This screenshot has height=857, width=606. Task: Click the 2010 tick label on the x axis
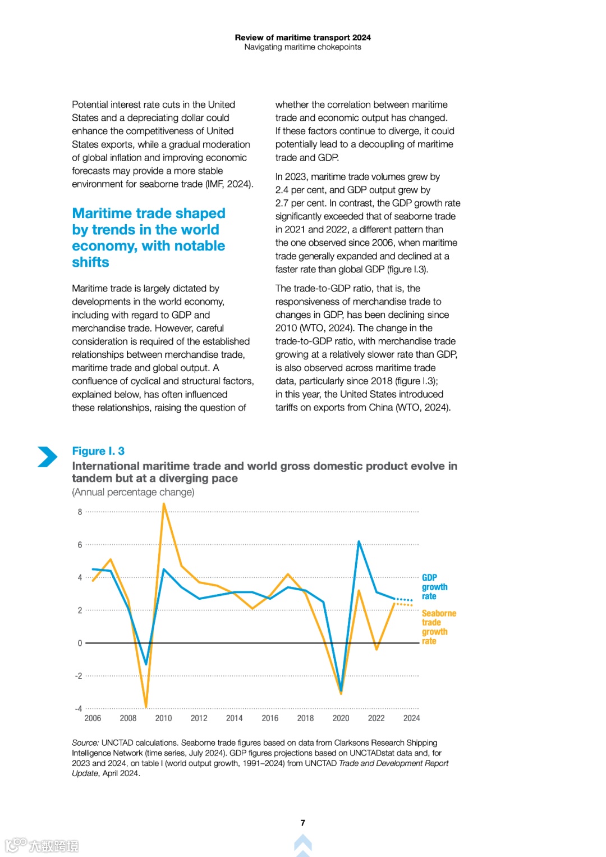(163, 718)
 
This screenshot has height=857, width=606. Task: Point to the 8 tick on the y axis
(80, 512)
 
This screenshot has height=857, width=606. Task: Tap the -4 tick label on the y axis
(79, 709)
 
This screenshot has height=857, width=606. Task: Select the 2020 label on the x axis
(341, 718)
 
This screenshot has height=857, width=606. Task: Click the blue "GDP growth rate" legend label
(434, 587)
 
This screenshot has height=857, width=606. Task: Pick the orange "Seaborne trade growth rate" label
(438, 627)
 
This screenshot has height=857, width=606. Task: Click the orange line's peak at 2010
(164, 504)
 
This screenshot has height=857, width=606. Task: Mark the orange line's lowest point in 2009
(146, 706)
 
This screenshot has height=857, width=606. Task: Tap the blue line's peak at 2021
(359, 542)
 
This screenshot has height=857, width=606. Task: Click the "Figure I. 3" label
(98, 451)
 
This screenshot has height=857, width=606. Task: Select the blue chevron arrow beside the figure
(48, 457)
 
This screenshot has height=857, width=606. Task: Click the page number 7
(303, 823)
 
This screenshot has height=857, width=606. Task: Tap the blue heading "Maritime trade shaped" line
(149, 213)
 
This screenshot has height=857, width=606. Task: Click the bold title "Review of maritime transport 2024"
(302, 38)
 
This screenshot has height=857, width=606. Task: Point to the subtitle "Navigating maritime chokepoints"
(302, 47)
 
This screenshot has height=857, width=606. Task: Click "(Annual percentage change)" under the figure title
(133, 492)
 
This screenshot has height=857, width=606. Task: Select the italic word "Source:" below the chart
(85, 742)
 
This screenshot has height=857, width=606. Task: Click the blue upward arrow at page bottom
(303, 844)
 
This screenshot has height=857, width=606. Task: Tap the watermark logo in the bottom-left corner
(42, 845)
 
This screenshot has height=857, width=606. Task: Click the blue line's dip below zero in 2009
(146, 664)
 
